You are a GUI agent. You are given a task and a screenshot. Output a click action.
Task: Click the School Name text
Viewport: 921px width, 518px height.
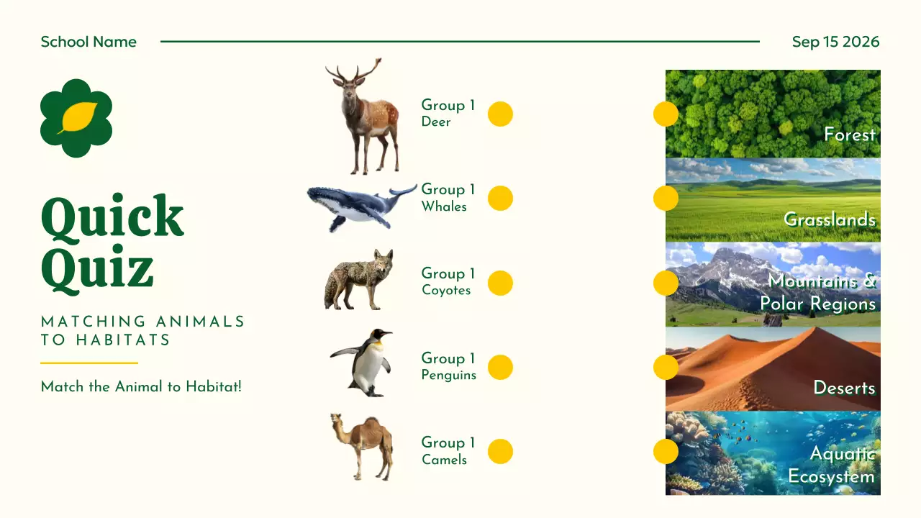pos(89,42)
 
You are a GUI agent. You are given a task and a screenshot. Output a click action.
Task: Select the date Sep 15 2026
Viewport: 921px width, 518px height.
pos(835,42)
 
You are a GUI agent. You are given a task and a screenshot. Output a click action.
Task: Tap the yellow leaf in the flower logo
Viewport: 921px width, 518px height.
pos(77,117)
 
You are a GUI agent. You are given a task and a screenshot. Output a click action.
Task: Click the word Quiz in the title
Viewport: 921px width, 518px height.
pos(97,270)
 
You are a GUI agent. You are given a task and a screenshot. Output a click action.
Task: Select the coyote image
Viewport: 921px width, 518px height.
pos(359,280)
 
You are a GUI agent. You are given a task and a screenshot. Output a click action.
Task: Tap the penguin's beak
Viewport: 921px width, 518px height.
pos(386,334)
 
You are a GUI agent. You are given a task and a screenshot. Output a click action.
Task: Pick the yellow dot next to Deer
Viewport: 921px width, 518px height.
pos(500,114)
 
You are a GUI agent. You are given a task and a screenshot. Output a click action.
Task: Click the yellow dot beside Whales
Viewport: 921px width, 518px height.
pos(500,198)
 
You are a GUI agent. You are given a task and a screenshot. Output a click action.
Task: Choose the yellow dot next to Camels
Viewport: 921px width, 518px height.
pos(500,451)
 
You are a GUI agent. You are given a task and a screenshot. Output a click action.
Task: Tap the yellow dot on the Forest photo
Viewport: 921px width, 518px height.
pos(666,114)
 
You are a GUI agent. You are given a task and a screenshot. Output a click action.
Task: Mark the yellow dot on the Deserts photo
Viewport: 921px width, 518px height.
pos(666,367)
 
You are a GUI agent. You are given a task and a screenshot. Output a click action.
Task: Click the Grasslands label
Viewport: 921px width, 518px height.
pos(830,219)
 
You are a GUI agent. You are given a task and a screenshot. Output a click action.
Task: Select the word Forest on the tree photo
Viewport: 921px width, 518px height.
pos(849,135)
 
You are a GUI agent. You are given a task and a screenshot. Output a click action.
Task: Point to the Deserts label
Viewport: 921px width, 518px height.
pos(844,388)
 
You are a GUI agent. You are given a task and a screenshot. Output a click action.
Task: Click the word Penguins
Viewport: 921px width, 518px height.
pos(449,375)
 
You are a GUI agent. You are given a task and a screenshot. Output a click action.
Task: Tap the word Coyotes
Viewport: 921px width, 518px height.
pos(446,291)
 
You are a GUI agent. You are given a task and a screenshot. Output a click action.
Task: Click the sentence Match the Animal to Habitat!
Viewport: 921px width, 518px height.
pos(141,387)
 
